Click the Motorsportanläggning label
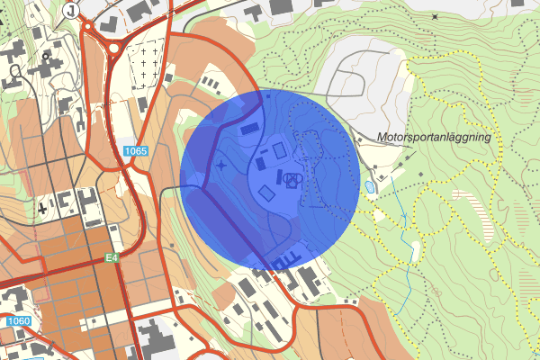tap(435, 138)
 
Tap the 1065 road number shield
tap(136, 152)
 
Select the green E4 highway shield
tap(111, 258)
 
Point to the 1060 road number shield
tap(18, 321)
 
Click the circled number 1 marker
tap(71, 8)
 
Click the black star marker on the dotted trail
tap(435, 16)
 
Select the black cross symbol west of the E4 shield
tap(42, 209)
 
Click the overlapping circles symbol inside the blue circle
tap(291, 179)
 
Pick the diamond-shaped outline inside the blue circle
tap(266, 193)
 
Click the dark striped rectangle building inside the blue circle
tap(248, 130)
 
